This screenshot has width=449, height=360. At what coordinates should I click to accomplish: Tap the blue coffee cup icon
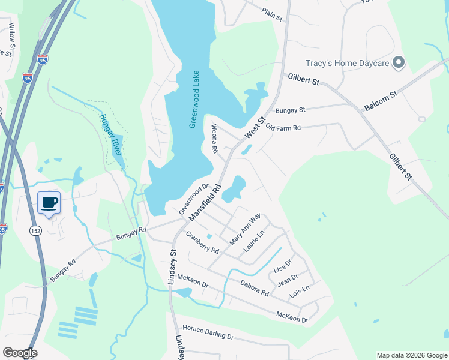pyautogui.click(x=49, y=203)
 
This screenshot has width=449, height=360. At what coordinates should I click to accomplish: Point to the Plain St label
pyautogui.click(x=272, y=14)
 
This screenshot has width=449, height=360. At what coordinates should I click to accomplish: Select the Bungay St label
pyautogui.click(x=291, y=110)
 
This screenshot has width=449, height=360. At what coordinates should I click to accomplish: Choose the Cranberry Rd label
pyautogui.click(x=202, y=241)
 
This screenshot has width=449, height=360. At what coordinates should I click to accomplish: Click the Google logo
pyautogui.click(x=20, y=353)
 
